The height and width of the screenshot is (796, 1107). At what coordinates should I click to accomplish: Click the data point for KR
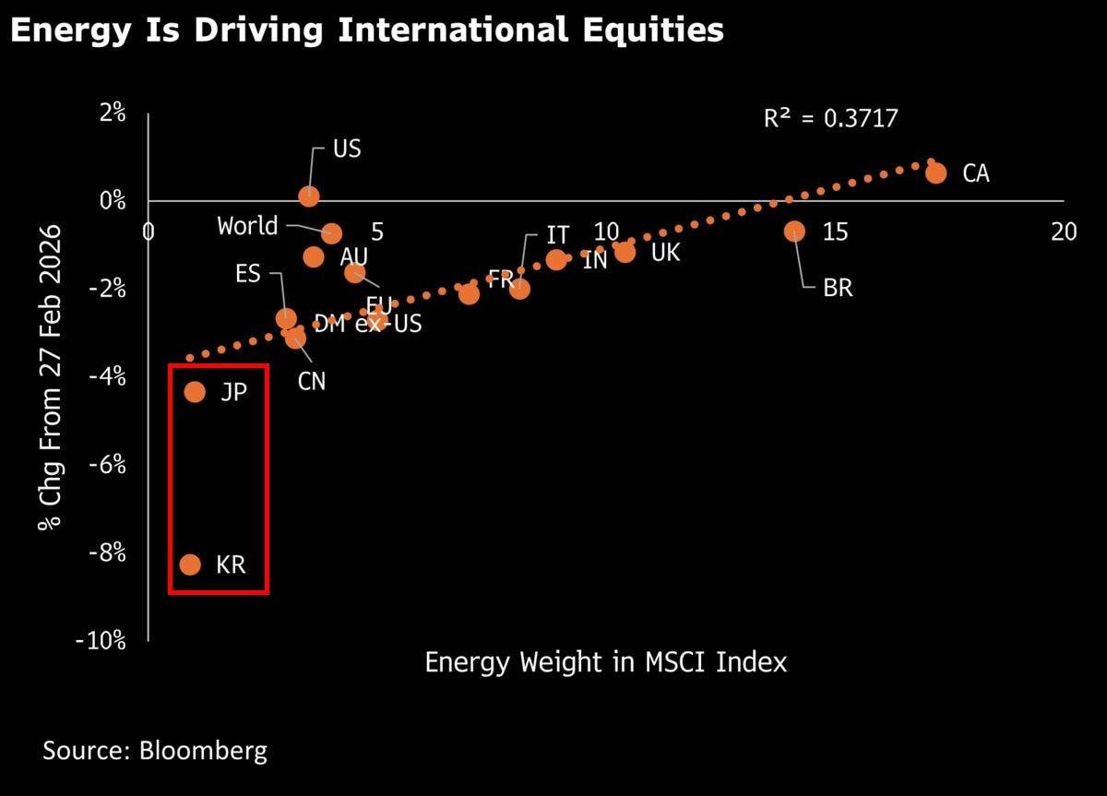[x=190, y=564]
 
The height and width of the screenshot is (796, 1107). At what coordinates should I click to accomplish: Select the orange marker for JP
[x=195, y=392]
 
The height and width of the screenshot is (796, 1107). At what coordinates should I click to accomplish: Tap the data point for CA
[x=935, y=172]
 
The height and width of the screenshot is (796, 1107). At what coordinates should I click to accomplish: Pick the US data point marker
[x=309, y=196]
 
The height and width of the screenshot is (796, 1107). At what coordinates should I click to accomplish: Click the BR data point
[x=794, y=231]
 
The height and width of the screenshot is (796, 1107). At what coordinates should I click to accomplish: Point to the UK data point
[x=625, y=252]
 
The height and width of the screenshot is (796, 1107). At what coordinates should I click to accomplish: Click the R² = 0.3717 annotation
[x=830, y=118]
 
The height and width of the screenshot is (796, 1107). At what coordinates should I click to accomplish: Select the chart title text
[x=366, y=30]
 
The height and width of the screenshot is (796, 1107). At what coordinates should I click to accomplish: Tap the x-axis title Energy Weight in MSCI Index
[x=605, y=661]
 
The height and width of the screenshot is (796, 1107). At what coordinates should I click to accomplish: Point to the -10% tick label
[x=101, y=641]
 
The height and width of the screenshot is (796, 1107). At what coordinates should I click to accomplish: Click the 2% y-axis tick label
[x=113, y=113]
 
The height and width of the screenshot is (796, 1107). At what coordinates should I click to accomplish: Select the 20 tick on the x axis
[x=1064, y=232]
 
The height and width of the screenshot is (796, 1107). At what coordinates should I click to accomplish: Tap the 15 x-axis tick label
[x=835, y=232]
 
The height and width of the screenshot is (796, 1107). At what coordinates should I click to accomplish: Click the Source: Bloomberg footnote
[x=155, y=750]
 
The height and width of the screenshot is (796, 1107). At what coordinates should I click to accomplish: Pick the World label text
[x=247, y=226]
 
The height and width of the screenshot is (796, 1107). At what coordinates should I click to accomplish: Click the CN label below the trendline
[x=312, y=380]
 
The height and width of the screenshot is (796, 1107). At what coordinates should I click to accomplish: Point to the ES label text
[x=248, y=274]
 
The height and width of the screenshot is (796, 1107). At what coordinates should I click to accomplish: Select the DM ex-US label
[x=368, y=323]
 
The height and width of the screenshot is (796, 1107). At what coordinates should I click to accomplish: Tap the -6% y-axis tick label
[x=106, y=465]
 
